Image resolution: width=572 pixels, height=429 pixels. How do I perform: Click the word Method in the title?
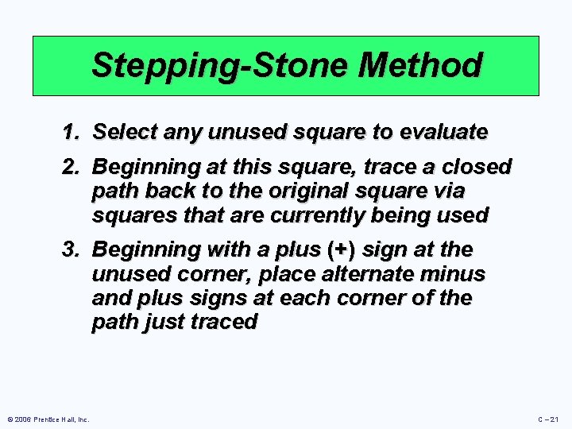click(420, 65)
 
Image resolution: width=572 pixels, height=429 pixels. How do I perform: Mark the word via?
click(449, 191)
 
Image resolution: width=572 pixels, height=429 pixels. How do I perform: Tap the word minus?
click(456, 274)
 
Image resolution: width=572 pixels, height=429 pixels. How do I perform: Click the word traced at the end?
click(224, 322)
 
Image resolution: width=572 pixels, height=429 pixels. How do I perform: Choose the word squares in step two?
click(128, 215)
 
